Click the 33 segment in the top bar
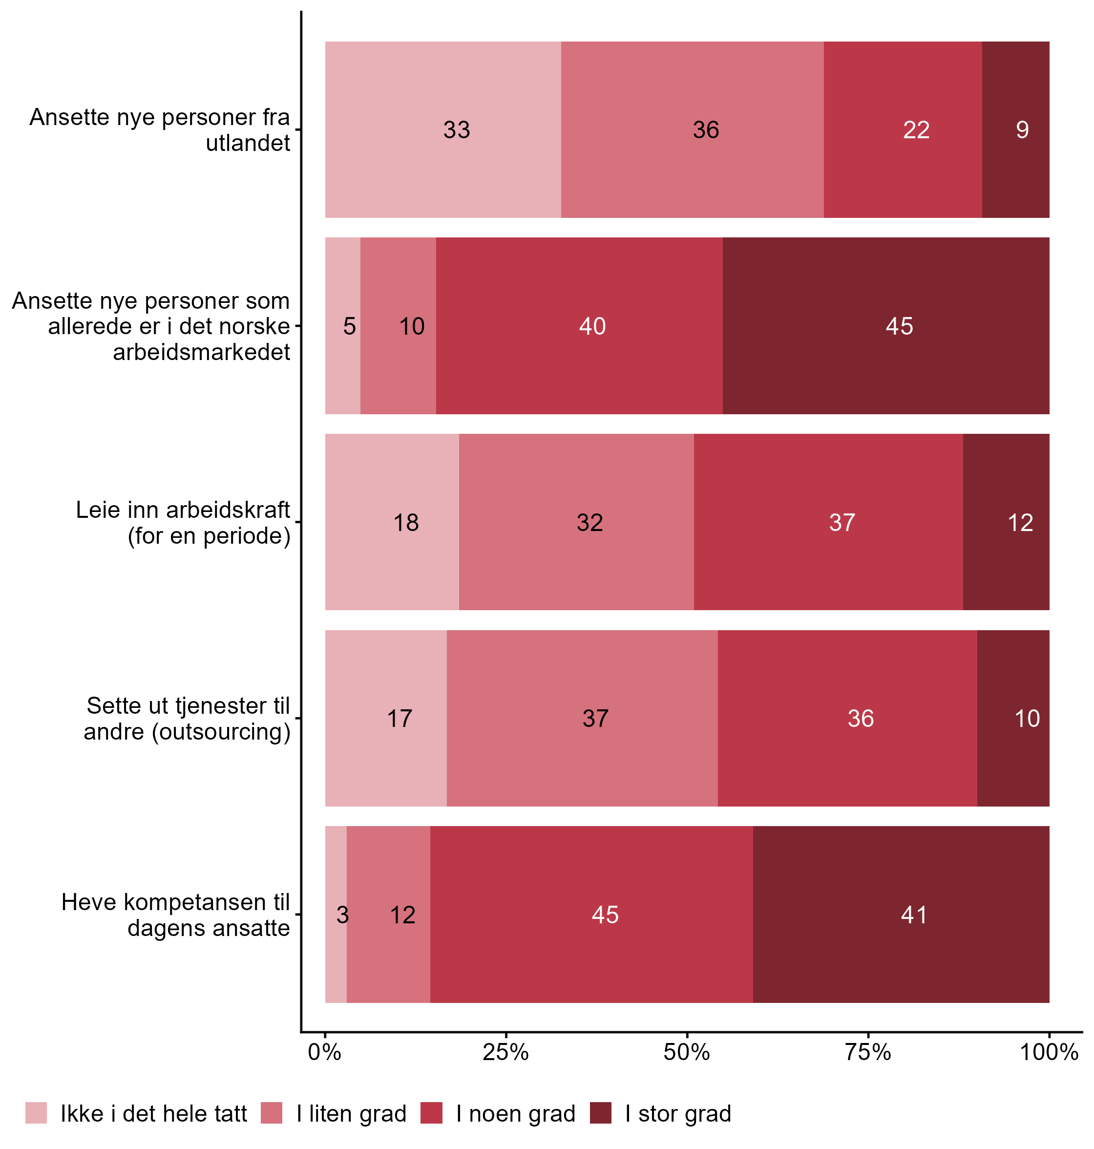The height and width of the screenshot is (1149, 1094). pyautogui.click(x=442, y=129)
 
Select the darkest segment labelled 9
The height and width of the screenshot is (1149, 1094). pyautogui.click(x=1015, y=129)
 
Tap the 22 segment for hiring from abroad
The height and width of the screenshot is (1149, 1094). pyautogui.click(x=902, y=129)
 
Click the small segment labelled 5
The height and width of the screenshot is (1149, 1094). pyautogui.click(x=343, y=325)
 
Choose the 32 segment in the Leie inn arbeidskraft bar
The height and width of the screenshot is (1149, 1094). pyautogui.click(x=576, y=522)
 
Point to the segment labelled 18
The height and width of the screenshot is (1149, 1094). pyautogui.click(x=392, y=522)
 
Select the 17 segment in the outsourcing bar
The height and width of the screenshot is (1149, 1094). pyautogui.click(x=386, y=718)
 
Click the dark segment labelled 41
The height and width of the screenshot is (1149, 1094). pyautogui.click(x=901, y=915)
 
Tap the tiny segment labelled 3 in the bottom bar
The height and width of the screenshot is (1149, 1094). pyautogui.click(x=336, y=915)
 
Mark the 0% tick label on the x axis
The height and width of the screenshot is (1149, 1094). pyautogui.click(x=325, y=1052)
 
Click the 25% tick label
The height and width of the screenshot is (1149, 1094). pyautogui.click(x=505, y=1052)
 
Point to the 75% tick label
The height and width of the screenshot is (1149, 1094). pyautogui.click(x=868, y=1052)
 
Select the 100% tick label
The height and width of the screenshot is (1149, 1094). pyautogui.click(x=1049, y=1052)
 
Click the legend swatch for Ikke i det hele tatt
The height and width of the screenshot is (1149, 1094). pyautogui.click(x=36, y=1113)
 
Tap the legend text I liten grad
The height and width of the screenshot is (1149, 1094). pyautogui.click(x=351, y=1113)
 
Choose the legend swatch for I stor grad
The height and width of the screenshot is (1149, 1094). pyautogui.click(x=601, y=1113)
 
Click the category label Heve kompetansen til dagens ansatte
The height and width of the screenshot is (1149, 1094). pyautogui.click(x=175, y=915)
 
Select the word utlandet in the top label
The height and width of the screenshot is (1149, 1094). pyautogui.click(x=248, y=143)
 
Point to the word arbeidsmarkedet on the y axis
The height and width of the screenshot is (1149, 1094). pyautogui.click(x=201, y=352)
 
